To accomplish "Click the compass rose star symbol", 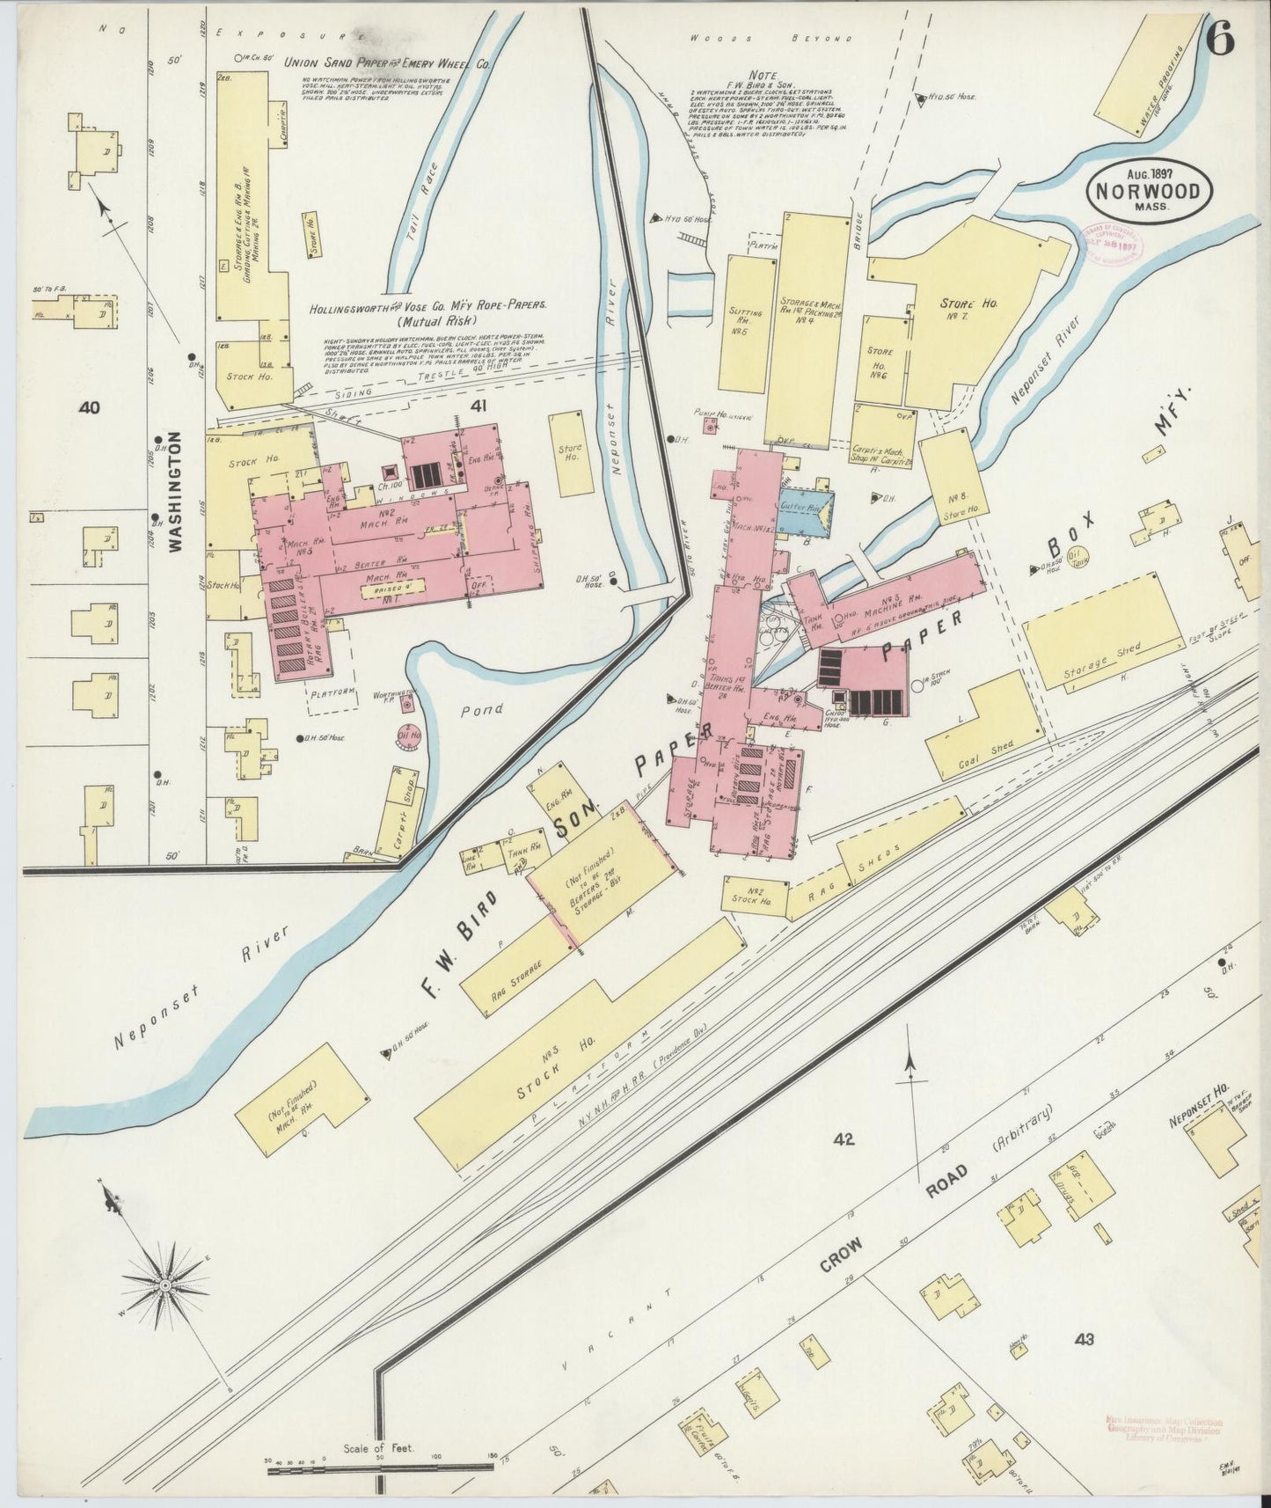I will pyautogui.click(x=164, y=1286).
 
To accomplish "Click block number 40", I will pyautogui.click(x=89, y=407).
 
